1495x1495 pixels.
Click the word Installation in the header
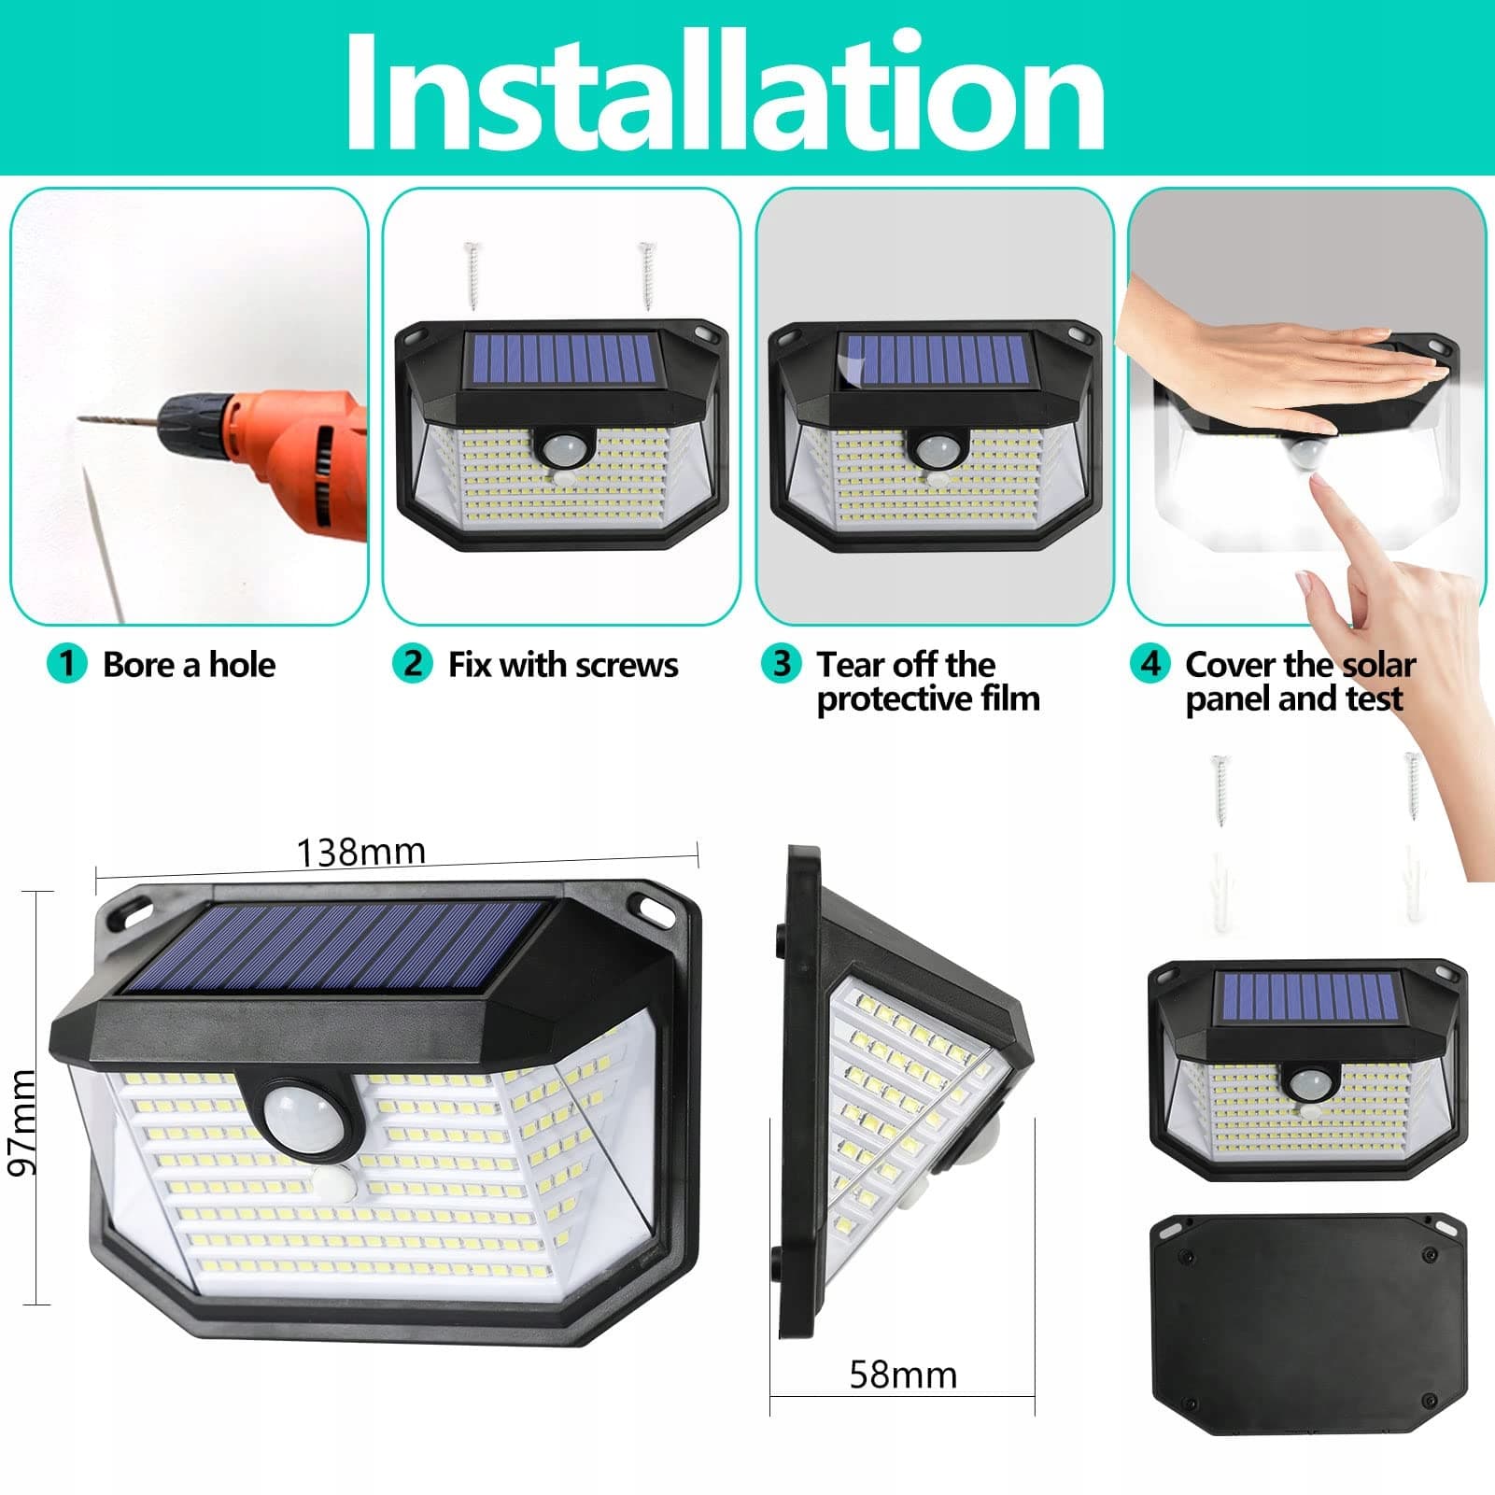(x=725, y=91)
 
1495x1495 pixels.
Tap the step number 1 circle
(x=66, y=664)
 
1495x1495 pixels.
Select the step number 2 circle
(x=412, y=664)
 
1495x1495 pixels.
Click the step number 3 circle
(x=781, y=664)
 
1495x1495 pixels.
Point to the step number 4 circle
(x=1149, y=664)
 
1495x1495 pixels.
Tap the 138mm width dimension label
(x=360, y=852)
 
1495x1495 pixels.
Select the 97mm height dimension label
(x=21, y=1122)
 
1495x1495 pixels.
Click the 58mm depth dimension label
(x=903, y=1375)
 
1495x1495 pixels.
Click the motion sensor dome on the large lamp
(x=296, y=1115)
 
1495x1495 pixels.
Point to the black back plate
(x=1308, y=1324)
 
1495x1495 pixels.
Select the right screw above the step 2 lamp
(x=645, y=275)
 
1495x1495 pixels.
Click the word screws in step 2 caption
(x=627, y=666)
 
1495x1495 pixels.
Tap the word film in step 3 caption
(x=1010, y=698)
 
